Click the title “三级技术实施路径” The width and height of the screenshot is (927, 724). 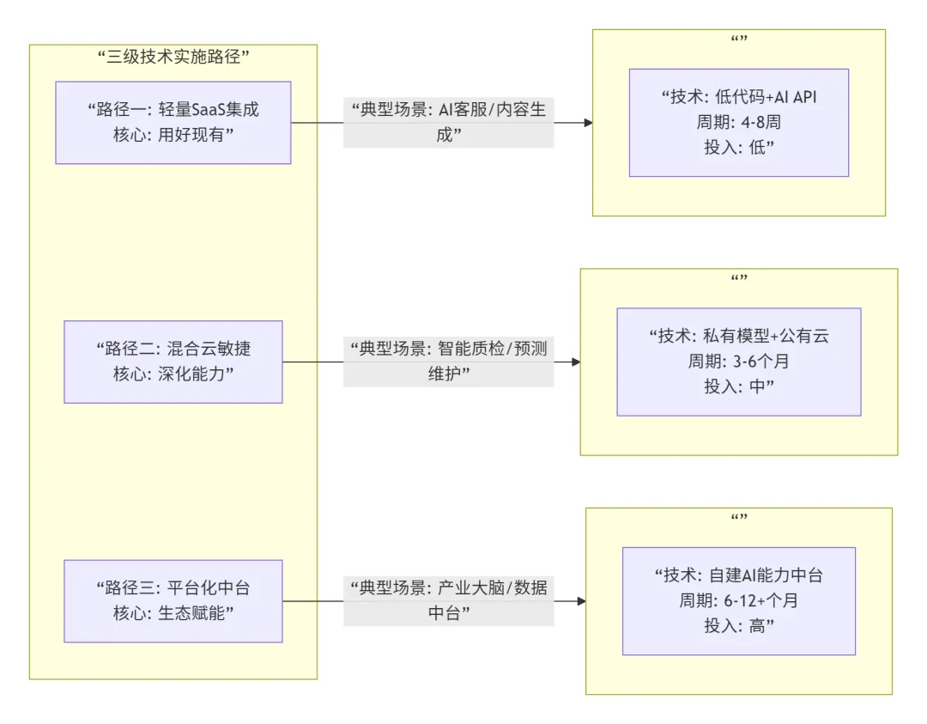(x=173, y=58)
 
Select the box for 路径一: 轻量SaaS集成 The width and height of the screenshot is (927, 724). (x=173, y=122)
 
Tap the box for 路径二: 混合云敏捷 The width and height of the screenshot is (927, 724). (x=173, y=362)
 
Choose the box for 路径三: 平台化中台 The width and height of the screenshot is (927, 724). (x=173, y=601)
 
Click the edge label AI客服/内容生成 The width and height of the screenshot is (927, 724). (x=448, y=122)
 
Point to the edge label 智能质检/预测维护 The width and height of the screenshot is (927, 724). (x=448, y=362)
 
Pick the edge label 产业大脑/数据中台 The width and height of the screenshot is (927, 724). (x=448, y=601)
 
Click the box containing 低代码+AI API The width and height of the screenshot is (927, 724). (x=738, y=122)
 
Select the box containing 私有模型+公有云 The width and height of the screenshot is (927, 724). (x=738, y=362)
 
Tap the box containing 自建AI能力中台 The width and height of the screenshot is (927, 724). (x=738, y=601)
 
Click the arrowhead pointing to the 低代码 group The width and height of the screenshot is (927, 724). (x=588, y=123)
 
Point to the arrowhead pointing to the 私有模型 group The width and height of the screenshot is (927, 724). (x=576, y=362)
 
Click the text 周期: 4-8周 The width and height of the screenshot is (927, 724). (x=738, y=122)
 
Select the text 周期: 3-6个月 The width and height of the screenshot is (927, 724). (x=738, y=362)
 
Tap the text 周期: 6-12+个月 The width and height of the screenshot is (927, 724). (x=738, y=601)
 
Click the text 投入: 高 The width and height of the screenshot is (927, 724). (x=738, y=626)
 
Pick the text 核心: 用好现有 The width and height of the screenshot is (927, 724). (x=173, y=135)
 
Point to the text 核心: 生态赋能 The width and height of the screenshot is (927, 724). (x=173, y=614)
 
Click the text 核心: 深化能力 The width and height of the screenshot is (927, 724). (x=173, y=374)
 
